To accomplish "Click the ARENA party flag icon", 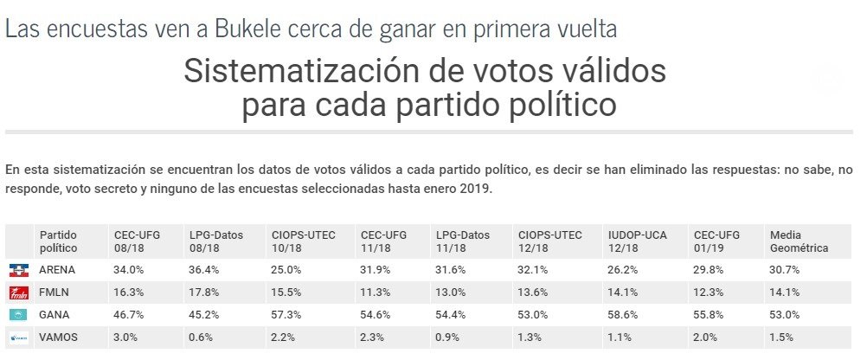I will (19, 269).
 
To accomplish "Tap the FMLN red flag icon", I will (19, 292).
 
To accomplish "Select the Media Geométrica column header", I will (799, 241).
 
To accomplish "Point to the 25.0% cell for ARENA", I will (286, 269).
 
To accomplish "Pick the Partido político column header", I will (58, 241).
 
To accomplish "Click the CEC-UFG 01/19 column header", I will (716, 241).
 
